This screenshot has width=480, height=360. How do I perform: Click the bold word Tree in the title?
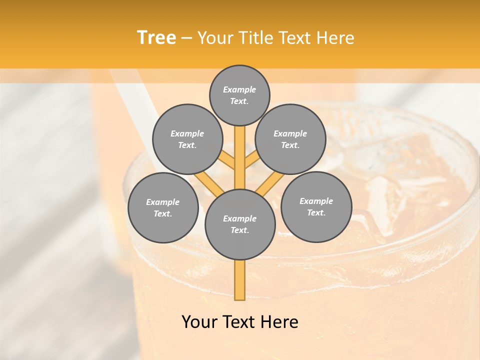click(156, 37)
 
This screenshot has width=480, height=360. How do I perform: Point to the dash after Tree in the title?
click(187, 38)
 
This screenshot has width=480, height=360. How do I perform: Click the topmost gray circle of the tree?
click(239, 95)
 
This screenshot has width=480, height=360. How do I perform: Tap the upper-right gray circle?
click(290, 139)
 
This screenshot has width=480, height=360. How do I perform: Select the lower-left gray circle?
click(163, 207)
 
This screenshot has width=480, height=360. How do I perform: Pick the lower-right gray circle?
click(316, 206)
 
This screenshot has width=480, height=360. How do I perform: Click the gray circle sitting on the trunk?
click(240, 224)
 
